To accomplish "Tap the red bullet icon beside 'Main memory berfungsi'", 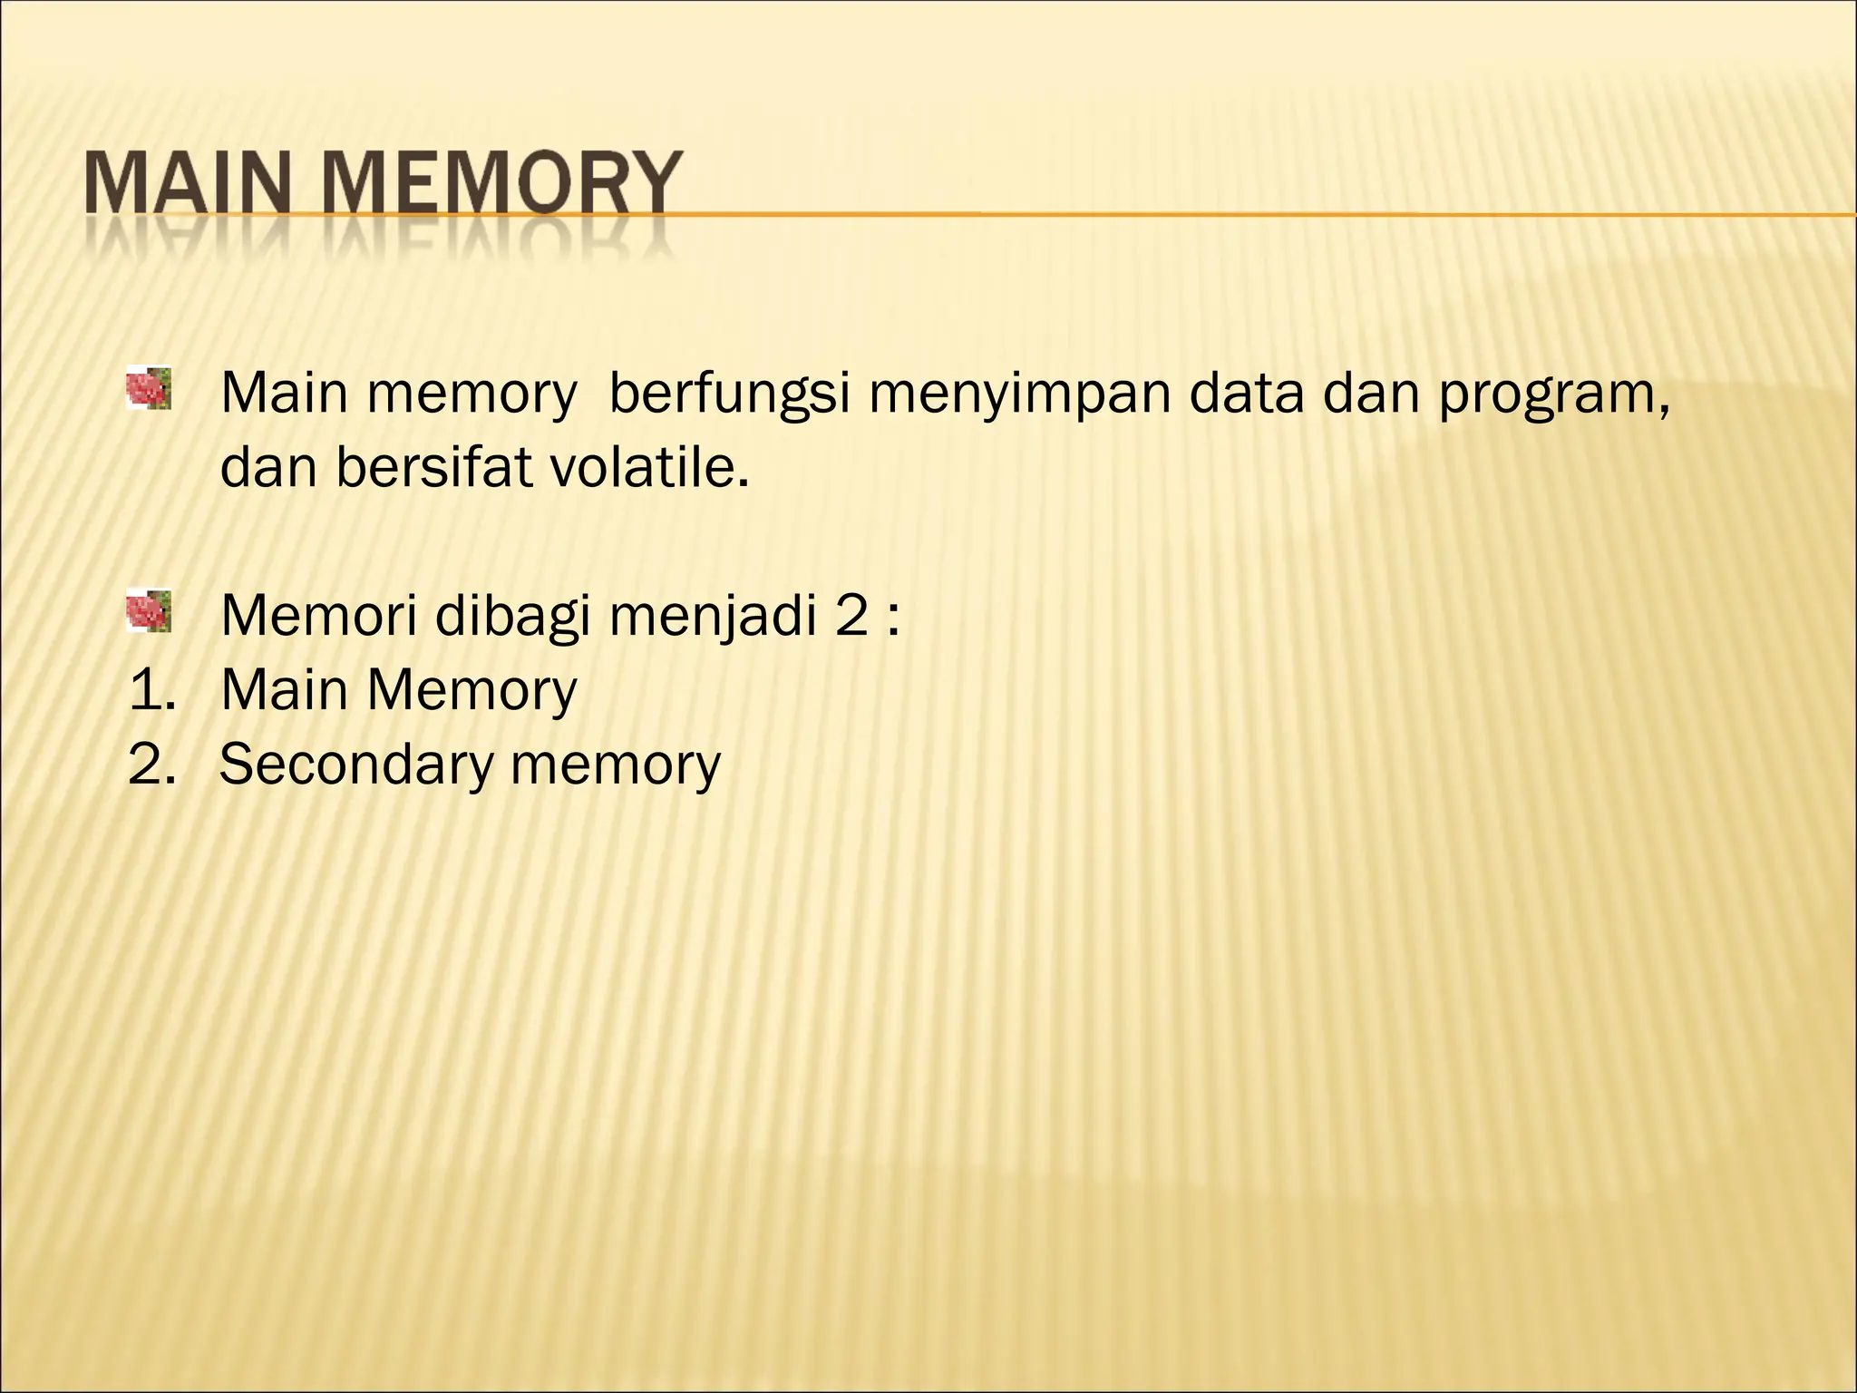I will click(149, 388).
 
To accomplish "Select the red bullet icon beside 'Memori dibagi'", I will click(149, 609).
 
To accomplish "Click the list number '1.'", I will click(152, 690).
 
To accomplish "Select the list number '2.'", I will click(152, 764).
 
